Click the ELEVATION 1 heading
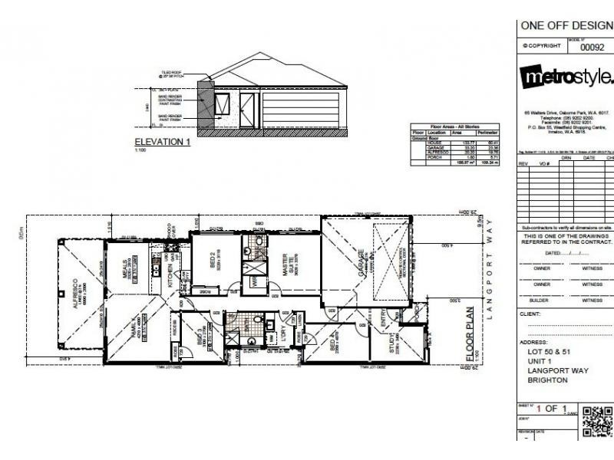[x=162, y=142]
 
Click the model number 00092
[x=592, y=47]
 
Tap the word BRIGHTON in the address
[x=547, y=380]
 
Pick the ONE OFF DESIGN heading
[x=566, y=25]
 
